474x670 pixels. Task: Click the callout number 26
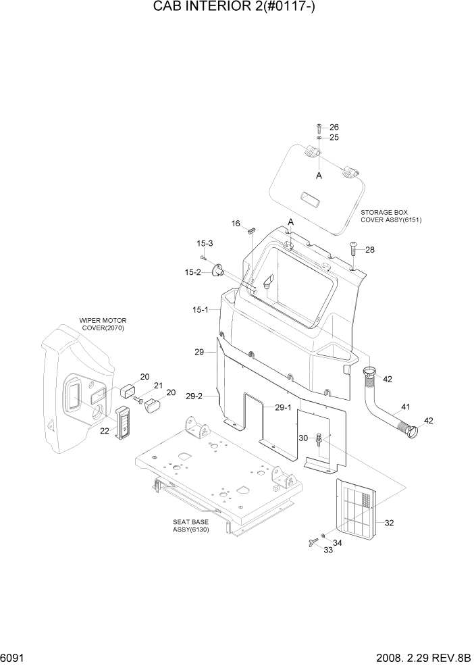click(x=334, y=128)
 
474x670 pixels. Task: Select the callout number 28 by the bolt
click(x=369, y=249)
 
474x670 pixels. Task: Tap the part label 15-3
click(x=205, y=243)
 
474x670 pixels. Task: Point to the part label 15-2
click(x=193, y=272)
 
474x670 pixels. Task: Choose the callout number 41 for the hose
click(x=405, y=407)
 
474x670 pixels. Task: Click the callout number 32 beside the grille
click(x=389, y=523)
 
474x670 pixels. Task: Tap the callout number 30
click(x=304, y=438)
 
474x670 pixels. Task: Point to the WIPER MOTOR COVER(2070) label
click(x=103, y=324)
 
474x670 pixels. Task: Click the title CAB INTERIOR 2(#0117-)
click(x=236, y=9)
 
